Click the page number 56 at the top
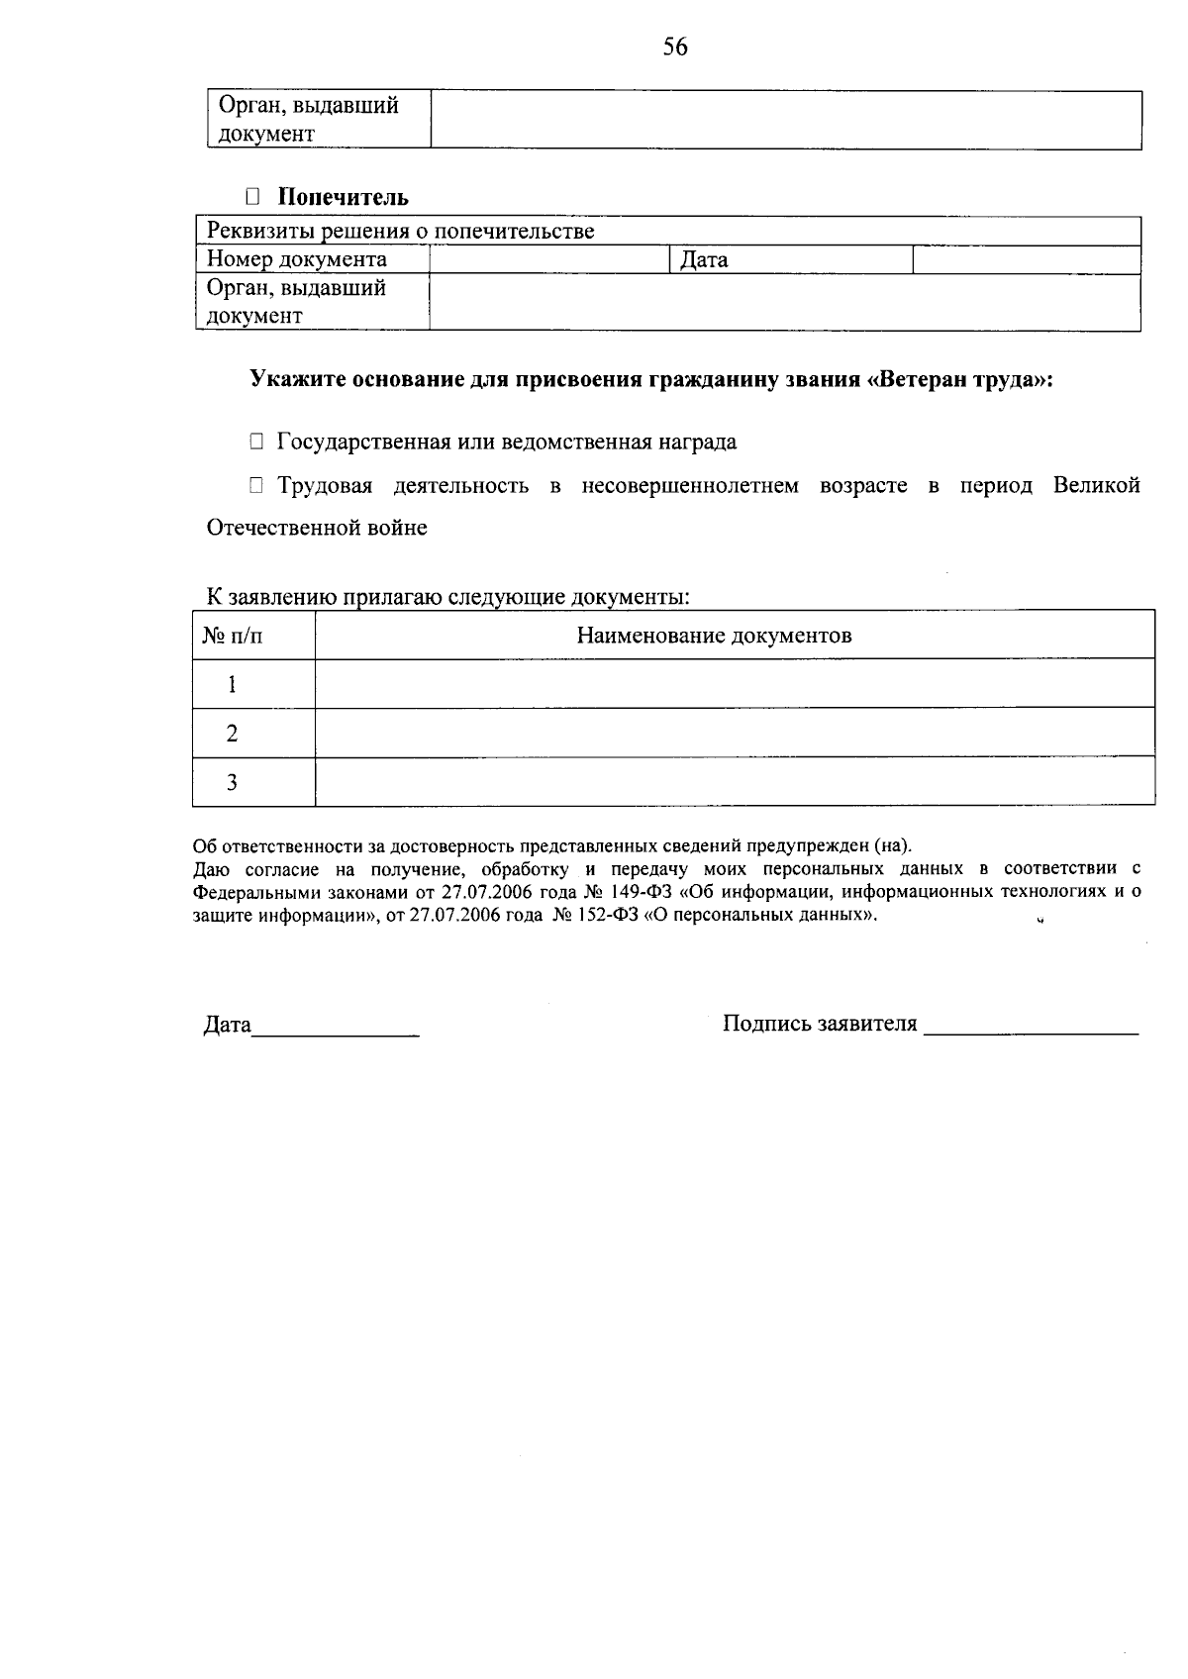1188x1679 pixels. [x=675, y=47]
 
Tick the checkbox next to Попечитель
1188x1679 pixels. [x=252, y=197]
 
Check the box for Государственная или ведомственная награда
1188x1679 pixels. [x=256, y=442]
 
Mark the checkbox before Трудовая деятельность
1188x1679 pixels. [x=256, y=485]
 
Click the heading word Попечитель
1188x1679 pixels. [x=343, y=197]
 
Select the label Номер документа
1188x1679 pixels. [x=297, y=259]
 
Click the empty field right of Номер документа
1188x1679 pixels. [x=550, y=259]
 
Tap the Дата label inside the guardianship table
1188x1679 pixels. [x=704, y=260]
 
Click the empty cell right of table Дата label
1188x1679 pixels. [x=1026, y=259]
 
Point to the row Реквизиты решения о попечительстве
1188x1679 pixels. [x=401, y=232]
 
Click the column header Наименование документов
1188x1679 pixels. [x=714, y=636]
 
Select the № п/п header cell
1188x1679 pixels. [x=234, y=636]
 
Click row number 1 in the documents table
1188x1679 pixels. [x=233, y=684]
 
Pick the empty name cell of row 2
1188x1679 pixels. [x=734, y=733]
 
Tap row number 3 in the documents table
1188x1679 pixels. [x=233, y=782]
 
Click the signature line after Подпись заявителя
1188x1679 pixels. [x=1031, y=1031]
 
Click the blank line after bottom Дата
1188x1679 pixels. [x=336, y=1032]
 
